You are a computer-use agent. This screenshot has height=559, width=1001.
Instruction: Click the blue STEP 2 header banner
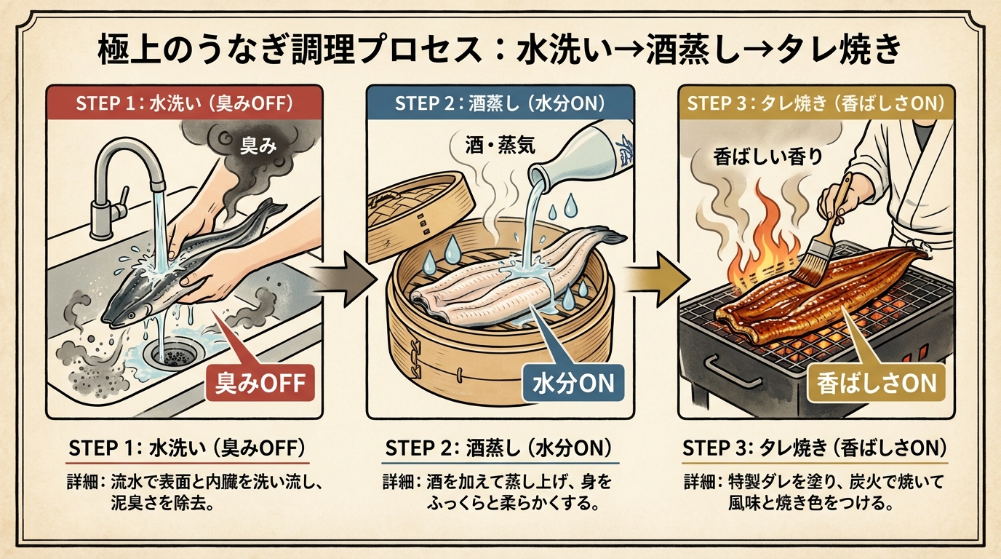500,103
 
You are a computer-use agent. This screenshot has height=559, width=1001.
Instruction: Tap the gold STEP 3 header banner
815,103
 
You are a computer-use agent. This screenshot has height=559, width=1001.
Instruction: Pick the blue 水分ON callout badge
574,382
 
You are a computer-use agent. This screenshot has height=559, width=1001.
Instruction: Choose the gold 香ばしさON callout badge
876,382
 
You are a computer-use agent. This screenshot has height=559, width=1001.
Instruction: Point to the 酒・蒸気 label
500,145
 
